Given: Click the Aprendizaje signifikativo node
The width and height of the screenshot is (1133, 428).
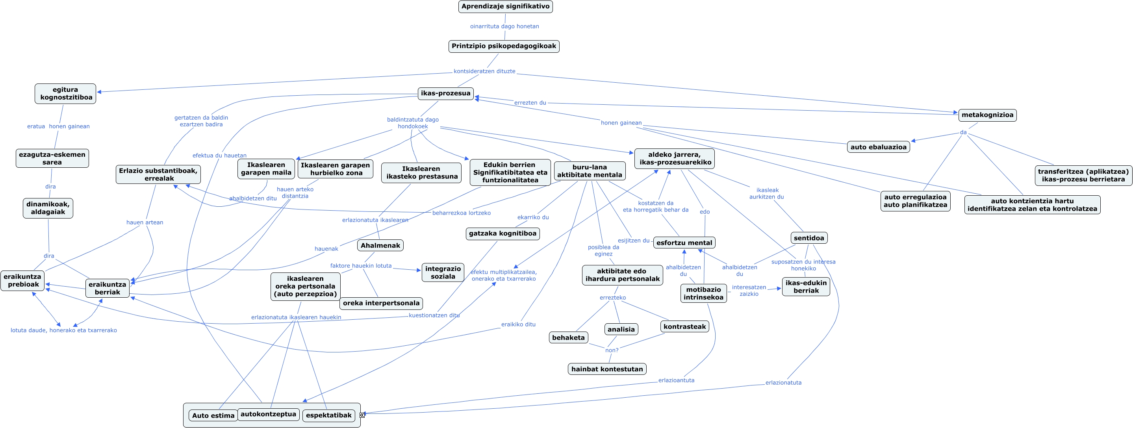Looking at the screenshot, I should tap(505, 7).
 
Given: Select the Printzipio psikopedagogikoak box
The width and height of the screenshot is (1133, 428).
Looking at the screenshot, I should tap(504, 46).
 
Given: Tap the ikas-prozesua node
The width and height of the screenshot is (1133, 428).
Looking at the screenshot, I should tap(445, 93).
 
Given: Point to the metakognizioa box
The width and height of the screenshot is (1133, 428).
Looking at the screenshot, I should tap(987, 115).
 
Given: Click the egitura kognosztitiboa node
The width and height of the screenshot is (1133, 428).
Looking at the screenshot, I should tap(65, 94).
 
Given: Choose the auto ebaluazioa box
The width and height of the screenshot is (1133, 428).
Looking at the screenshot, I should tap(878, 147).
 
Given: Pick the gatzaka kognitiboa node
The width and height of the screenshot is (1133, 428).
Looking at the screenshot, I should tap(502, 233).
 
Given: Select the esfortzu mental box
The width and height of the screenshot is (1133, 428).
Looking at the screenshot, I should tap(684, 243).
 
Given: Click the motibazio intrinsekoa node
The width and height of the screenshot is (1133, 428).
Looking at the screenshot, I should tap(703, 293).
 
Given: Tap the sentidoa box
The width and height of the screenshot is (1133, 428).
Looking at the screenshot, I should tap(808, 238).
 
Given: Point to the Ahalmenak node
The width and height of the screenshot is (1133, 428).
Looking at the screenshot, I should tap(380, 245).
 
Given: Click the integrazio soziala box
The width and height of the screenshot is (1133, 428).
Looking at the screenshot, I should tap(443, 273).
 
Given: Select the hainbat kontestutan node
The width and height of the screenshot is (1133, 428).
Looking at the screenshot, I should tap(606, 369).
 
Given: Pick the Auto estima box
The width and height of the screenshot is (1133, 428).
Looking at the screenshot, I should tap(213, 416).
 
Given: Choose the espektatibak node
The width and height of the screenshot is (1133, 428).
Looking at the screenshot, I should tap(328, 415).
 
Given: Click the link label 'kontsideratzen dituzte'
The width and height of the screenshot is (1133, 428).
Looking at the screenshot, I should tap(484, 71).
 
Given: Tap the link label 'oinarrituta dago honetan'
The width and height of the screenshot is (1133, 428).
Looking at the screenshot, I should tap(504, 26).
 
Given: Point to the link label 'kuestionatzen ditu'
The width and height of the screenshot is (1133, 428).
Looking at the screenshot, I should tap(434, 315).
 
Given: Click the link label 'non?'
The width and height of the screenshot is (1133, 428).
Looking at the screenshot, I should tap(611, 350).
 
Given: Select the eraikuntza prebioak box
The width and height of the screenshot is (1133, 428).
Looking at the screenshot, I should tap(22, 281).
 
